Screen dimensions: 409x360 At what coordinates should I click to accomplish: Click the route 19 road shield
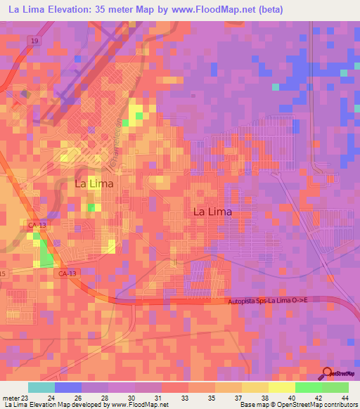click(x=34, y=41)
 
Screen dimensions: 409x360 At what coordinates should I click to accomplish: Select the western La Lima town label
click(x=94, y=183)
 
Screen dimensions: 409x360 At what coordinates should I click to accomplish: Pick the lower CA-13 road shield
click(x=68, y=274)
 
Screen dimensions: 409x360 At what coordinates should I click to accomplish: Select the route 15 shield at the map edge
click(x=3, y=273)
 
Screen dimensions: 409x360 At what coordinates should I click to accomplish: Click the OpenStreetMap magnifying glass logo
click(x=328, y=375)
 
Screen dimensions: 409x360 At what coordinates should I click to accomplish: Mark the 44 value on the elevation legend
click(x=345, y=398)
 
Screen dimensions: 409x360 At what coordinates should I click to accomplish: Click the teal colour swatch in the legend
click(x=41, y=387)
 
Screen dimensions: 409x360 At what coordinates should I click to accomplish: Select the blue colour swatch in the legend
click(x=68, y=387)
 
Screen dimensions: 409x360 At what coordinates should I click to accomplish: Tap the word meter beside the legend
click(x=10, y=398)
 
